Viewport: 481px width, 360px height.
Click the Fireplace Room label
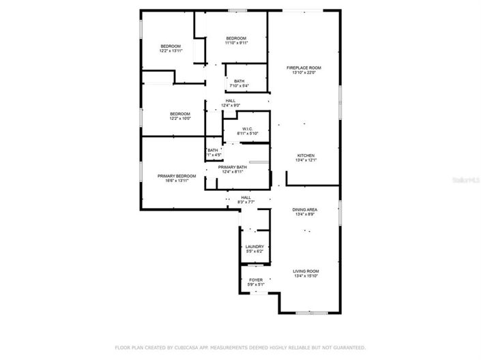tap(304, 68)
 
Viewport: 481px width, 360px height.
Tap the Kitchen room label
tap(305, 155)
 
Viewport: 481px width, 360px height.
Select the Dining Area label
tap(305, 209)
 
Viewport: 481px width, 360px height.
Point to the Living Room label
tap(306, 271)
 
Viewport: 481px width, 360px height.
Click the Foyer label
tap(256, 280)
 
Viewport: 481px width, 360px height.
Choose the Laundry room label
tap(254, 247)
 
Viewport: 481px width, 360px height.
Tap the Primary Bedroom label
tap(177, 176)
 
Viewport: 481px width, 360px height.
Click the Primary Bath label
tap(232, 167)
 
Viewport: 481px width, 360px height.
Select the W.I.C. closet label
tap(246, 128)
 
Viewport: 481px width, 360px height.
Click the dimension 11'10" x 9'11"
tap(236, 43)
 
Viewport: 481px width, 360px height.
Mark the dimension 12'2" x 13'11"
tap(171, 50)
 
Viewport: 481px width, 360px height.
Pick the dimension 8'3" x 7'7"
tap(246, 202)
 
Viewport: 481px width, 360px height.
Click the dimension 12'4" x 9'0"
tap(231, 105)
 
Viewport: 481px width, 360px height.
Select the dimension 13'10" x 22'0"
tap(304, 73)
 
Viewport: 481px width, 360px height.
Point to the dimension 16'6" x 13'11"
tap(177, 181)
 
